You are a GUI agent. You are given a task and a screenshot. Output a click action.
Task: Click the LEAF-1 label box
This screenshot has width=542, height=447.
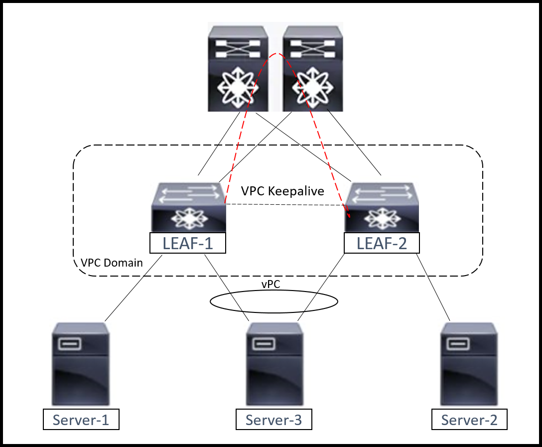click(x=188, y=243)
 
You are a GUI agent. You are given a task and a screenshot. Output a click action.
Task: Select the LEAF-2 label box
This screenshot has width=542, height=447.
click(x=382, y=243)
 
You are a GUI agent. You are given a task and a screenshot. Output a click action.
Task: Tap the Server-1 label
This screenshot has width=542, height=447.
click(x=81, y=420)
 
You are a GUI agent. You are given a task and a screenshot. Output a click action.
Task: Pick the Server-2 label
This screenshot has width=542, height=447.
click(x=469, y=420)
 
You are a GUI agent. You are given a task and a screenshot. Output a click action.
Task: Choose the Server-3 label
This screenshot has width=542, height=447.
click(x=274, y=420)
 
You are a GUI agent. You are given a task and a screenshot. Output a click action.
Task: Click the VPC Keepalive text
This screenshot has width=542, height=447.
click(x=282, y=191)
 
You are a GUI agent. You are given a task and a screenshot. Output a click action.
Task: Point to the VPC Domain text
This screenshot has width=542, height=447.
click(x=112, y=263)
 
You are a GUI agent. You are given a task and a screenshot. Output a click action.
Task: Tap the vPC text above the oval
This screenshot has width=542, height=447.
click(x=271, y=284)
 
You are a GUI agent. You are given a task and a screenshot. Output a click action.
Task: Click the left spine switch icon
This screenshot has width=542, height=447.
click(x=238, y=68)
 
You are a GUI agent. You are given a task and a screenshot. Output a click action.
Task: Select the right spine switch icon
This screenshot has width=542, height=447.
click(x=313, y=68)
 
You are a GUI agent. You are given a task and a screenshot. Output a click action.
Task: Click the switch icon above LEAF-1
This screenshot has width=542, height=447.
click(x=188, y=207)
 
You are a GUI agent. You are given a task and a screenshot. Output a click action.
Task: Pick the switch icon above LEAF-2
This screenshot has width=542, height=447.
click(x=382, y=207)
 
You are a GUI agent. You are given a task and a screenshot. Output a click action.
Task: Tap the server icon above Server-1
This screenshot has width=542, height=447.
click(x=81, y=364)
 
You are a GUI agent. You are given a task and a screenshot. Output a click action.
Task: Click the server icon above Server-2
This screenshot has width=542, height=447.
click(x=469, y=364)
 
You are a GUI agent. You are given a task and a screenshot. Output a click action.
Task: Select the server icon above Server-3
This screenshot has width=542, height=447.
click(x=274, y=364)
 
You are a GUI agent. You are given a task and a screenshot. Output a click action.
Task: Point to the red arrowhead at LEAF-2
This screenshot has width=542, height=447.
click(x=349, y=214)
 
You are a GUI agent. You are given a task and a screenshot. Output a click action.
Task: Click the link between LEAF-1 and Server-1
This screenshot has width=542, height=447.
click(x=134, y=289)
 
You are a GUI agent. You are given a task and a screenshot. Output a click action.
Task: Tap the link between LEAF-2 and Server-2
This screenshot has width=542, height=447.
click(x=433, y=287)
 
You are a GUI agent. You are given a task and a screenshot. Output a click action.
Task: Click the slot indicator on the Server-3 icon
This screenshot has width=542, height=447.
click(x=264, y=344)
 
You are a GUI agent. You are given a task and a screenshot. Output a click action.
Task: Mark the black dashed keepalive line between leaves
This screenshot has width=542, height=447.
click(x=285, y=205)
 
